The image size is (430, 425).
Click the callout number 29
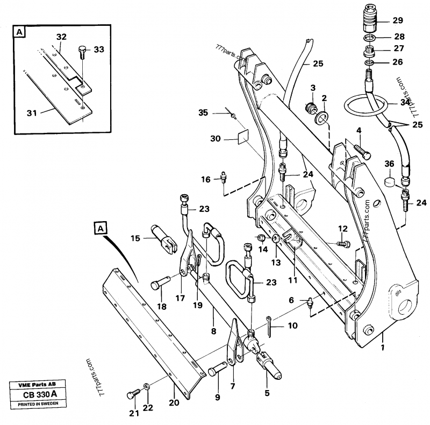(397, 20)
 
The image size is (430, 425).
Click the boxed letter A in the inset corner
(20, 33)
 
